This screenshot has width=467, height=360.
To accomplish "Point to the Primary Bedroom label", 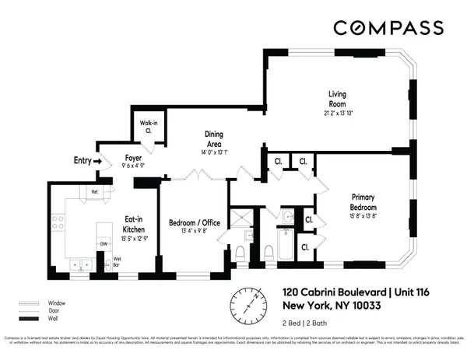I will click(x=363, y=201).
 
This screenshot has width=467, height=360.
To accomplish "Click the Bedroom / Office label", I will click(x=195, y=222).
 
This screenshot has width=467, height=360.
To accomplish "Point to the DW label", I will click(x=103, y=243).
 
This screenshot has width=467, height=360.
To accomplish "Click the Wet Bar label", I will click(x=117, y=261).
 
